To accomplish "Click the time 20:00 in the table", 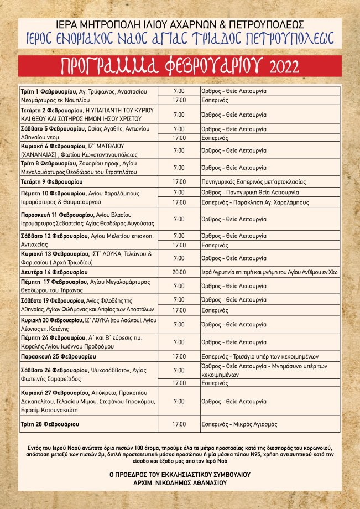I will click(179, 272).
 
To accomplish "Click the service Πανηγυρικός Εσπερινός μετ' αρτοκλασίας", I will click(256, 181).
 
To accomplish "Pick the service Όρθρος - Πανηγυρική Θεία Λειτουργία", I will click(251, 192).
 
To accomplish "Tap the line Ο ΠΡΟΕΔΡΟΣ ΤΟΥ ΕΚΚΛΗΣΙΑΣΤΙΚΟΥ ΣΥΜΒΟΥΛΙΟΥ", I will click(180, 475).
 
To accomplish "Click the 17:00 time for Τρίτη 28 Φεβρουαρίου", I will click(179, 424).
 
